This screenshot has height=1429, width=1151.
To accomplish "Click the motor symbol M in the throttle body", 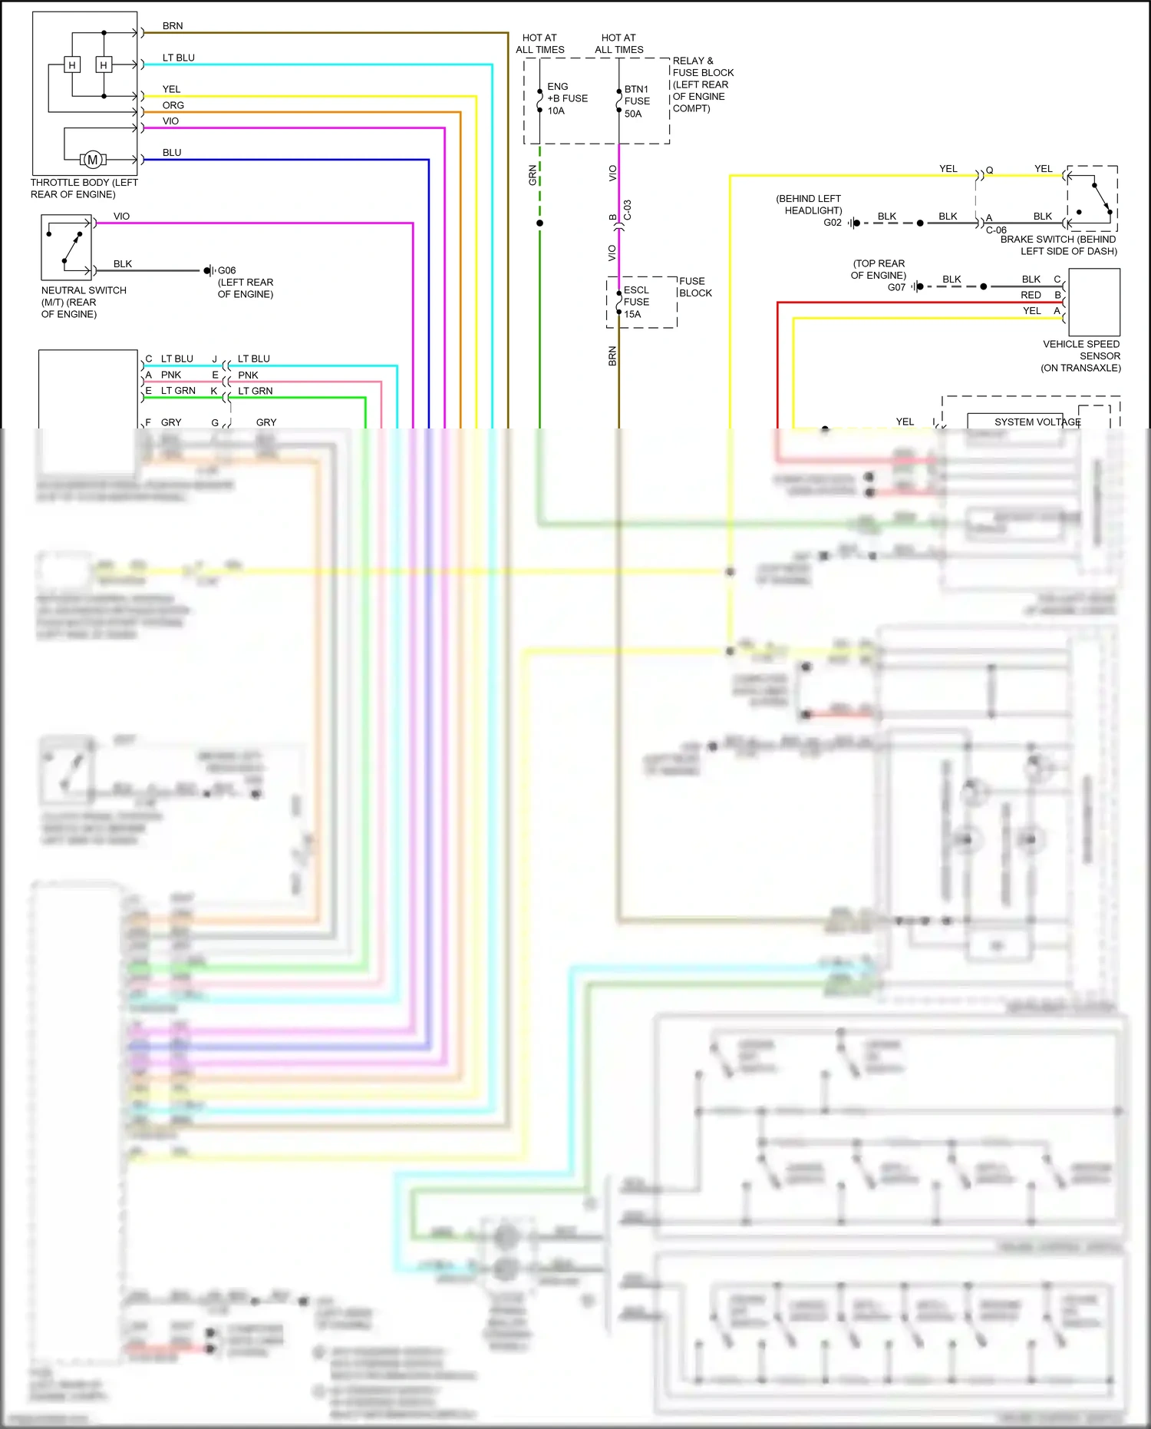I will pos(93,160).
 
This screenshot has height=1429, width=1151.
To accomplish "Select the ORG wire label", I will pos(173,105).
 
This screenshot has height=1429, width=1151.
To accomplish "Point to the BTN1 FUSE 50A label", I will pos(636,101).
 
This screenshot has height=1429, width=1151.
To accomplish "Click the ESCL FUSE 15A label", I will pos(635,302).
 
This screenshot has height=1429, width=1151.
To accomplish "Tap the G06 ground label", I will pos(226,270).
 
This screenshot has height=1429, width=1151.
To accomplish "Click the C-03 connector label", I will pos(628,210).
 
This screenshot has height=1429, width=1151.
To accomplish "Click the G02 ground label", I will pos(832,223).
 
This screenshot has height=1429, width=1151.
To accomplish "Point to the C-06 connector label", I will pos(995,230).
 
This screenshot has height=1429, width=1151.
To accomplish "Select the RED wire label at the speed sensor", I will pos(1031,295).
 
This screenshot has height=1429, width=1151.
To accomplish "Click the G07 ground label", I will pos(896,287).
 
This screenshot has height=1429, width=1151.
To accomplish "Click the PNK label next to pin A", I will pos(171,375).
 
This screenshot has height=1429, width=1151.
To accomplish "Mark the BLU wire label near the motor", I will pos(172,153).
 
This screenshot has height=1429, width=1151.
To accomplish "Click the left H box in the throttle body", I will pos(72,65).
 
